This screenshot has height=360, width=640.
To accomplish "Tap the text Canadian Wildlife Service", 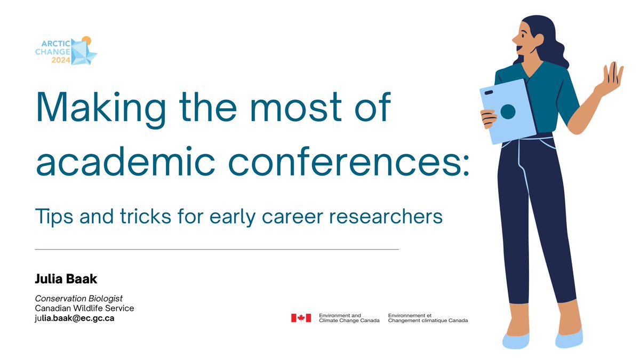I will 84,308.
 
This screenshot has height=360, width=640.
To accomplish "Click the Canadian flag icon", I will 301,318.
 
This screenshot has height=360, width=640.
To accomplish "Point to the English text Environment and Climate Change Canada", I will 349,318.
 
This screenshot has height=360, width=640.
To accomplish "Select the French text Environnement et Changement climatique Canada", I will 428,318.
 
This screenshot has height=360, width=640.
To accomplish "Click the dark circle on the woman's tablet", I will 508,111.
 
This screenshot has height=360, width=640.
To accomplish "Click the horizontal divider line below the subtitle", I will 217,249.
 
